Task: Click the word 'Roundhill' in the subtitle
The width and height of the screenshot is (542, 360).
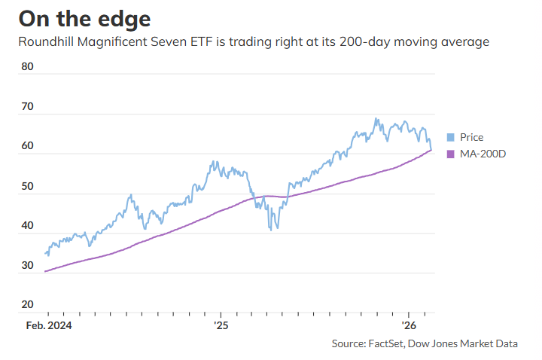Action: click(x=47, y=41)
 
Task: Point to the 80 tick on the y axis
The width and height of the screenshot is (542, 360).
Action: click(x=28, y=66)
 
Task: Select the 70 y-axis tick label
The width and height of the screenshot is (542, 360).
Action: click(x=28, y=106)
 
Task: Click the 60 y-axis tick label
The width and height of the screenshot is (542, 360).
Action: click(x=28, y=146)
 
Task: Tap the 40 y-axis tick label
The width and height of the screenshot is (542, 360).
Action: click(x=28, y=225)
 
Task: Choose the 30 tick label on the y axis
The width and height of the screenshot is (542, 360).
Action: click(x=28, y=265)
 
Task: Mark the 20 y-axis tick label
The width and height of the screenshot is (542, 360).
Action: click(x=28, y=304)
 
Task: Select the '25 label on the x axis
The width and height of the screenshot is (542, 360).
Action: click(x=221, y=326)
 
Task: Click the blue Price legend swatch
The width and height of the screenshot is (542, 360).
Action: click(x=451, y=137)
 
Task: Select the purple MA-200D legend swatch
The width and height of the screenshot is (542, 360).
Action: click(x=451, y=154)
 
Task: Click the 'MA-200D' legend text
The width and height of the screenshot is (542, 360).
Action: click(x=482, y=154)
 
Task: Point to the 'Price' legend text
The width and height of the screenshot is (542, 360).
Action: click(x=472, y=137)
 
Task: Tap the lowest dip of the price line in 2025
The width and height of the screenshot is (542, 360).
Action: click(x=270, y=230)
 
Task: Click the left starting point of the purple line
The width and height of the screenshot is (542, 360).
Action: click(x=46, y=271)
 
